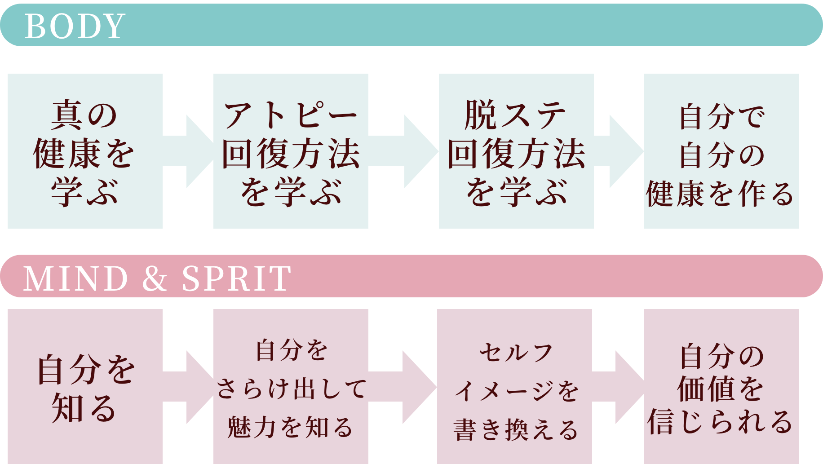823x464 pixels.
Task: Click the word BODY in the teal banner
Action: (75, 26)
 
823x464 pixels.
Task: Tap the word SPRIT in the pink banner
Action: (236, 278)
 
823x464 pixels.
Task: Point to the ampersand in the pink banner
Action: (155, 278)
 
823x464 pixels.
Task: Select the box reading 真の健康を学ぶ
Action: (85, 151)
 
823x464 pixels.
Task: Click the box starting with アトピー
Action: (291, 151)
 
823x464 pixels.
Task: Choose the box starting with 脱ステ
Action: (516, 151)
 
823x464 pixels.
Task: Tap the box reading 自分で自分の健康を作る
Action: (721, 151)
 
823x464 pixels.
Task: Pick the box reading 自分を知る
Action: (85, 386)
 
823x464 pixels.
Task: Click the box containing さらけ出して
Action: (291, 386)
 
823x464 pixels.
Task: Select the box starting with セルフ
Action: (514, 386)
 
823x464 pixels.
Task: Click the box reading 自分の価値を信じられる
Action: (721, 386)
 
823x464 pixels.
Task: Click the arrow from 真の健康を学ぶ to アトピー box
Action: (191, 151)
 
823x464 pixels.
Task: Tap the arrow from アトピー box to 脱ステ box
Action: (407, 151)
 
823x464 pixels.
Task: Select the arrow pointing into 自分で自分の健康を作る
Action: (622, 151)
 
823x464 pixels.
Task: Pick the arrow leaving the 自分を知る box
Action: (191, 387)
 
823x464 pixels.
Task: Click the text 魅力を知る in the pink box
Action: (290, 427)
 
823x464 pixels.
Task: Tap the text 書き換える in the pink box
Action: (516, 429)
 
